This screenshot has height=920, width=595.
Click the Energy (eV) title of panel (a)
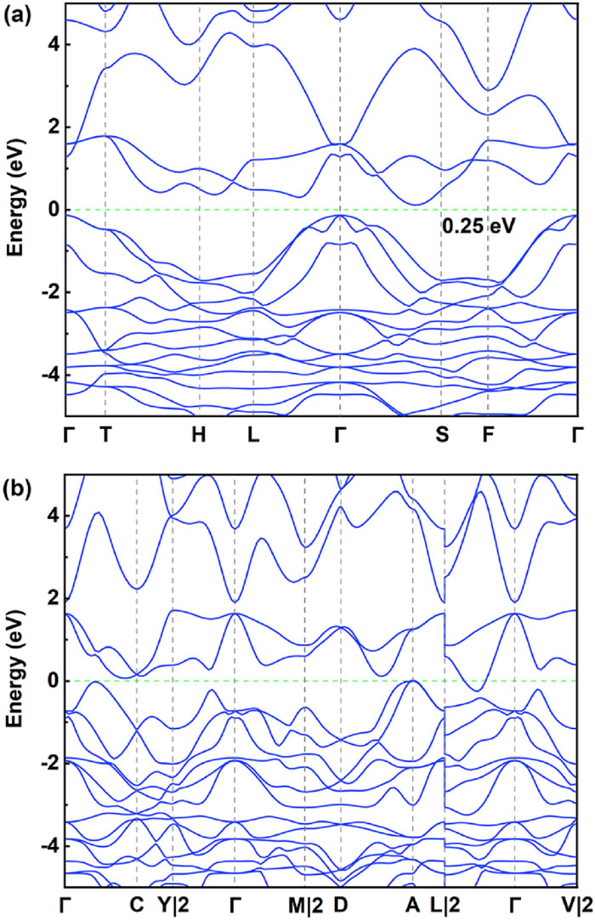tap(14, 209)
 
